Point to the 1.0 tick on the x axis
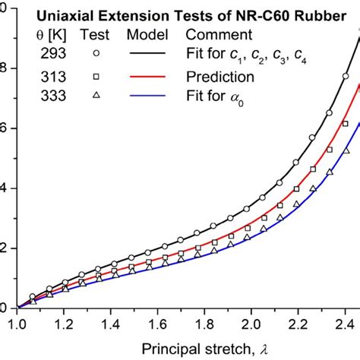[16, 324]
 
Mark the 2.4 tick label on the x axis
[344, 324]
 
